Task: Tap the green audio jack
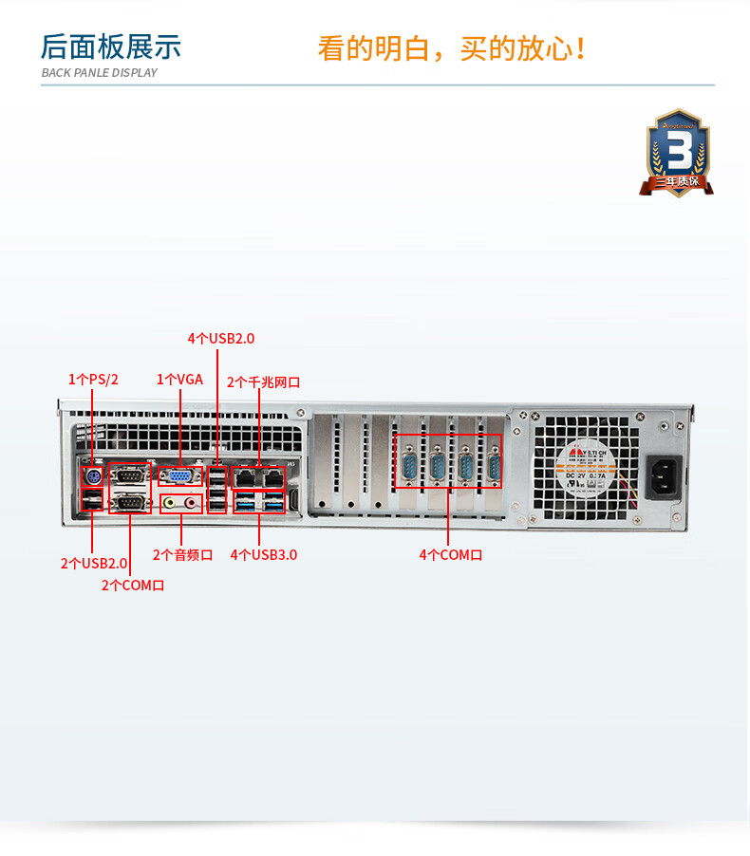pos(171,503)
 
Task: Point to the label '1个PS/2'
pos(93,380)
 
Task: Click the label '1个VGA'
pos(179,380)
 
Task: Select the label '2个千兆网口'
pos(263,381)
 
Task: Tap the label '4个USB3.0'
pos(263,554)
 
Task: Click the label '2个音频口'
pos(182,554)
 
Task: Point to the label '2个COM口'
pos(133,586)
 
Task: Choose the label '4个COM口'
pos(450,554)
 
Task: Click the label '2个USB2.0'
pos(94,563)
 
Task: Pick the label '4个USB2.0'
pos(221,338)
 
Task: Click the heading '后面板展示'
pos(110,47)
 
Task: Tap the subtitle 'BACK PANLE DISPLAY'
pos(100,72)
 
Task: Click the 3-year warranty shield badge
pos(678,152)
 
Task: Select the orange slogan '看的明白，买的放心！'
pos(451,48)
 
